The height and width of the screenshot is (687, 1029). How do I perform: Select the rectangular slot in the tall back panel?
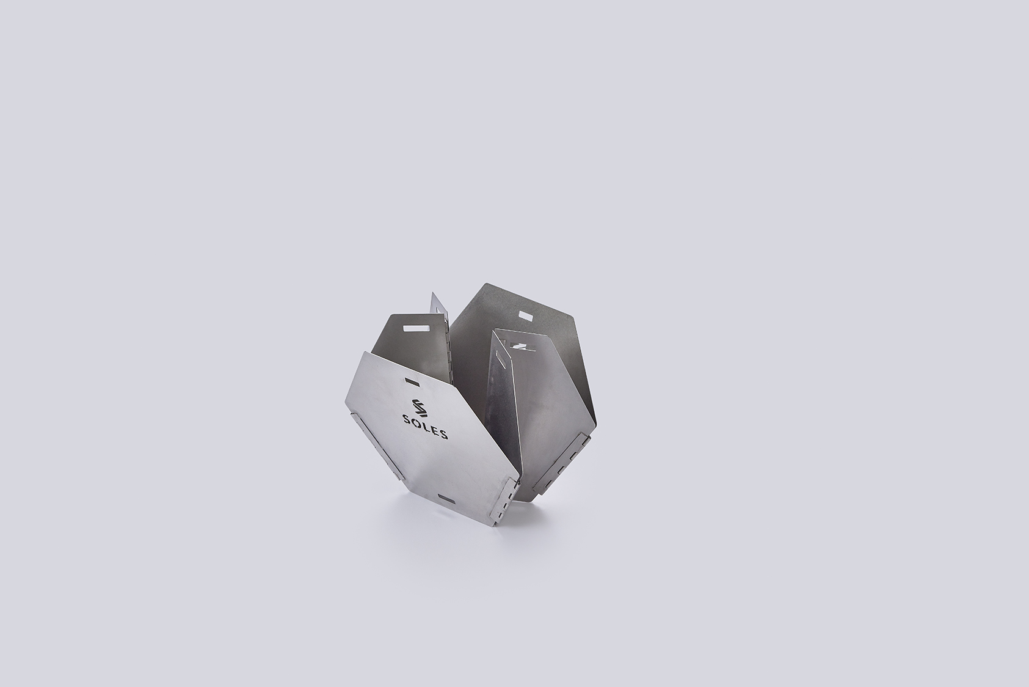(525, 316)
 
